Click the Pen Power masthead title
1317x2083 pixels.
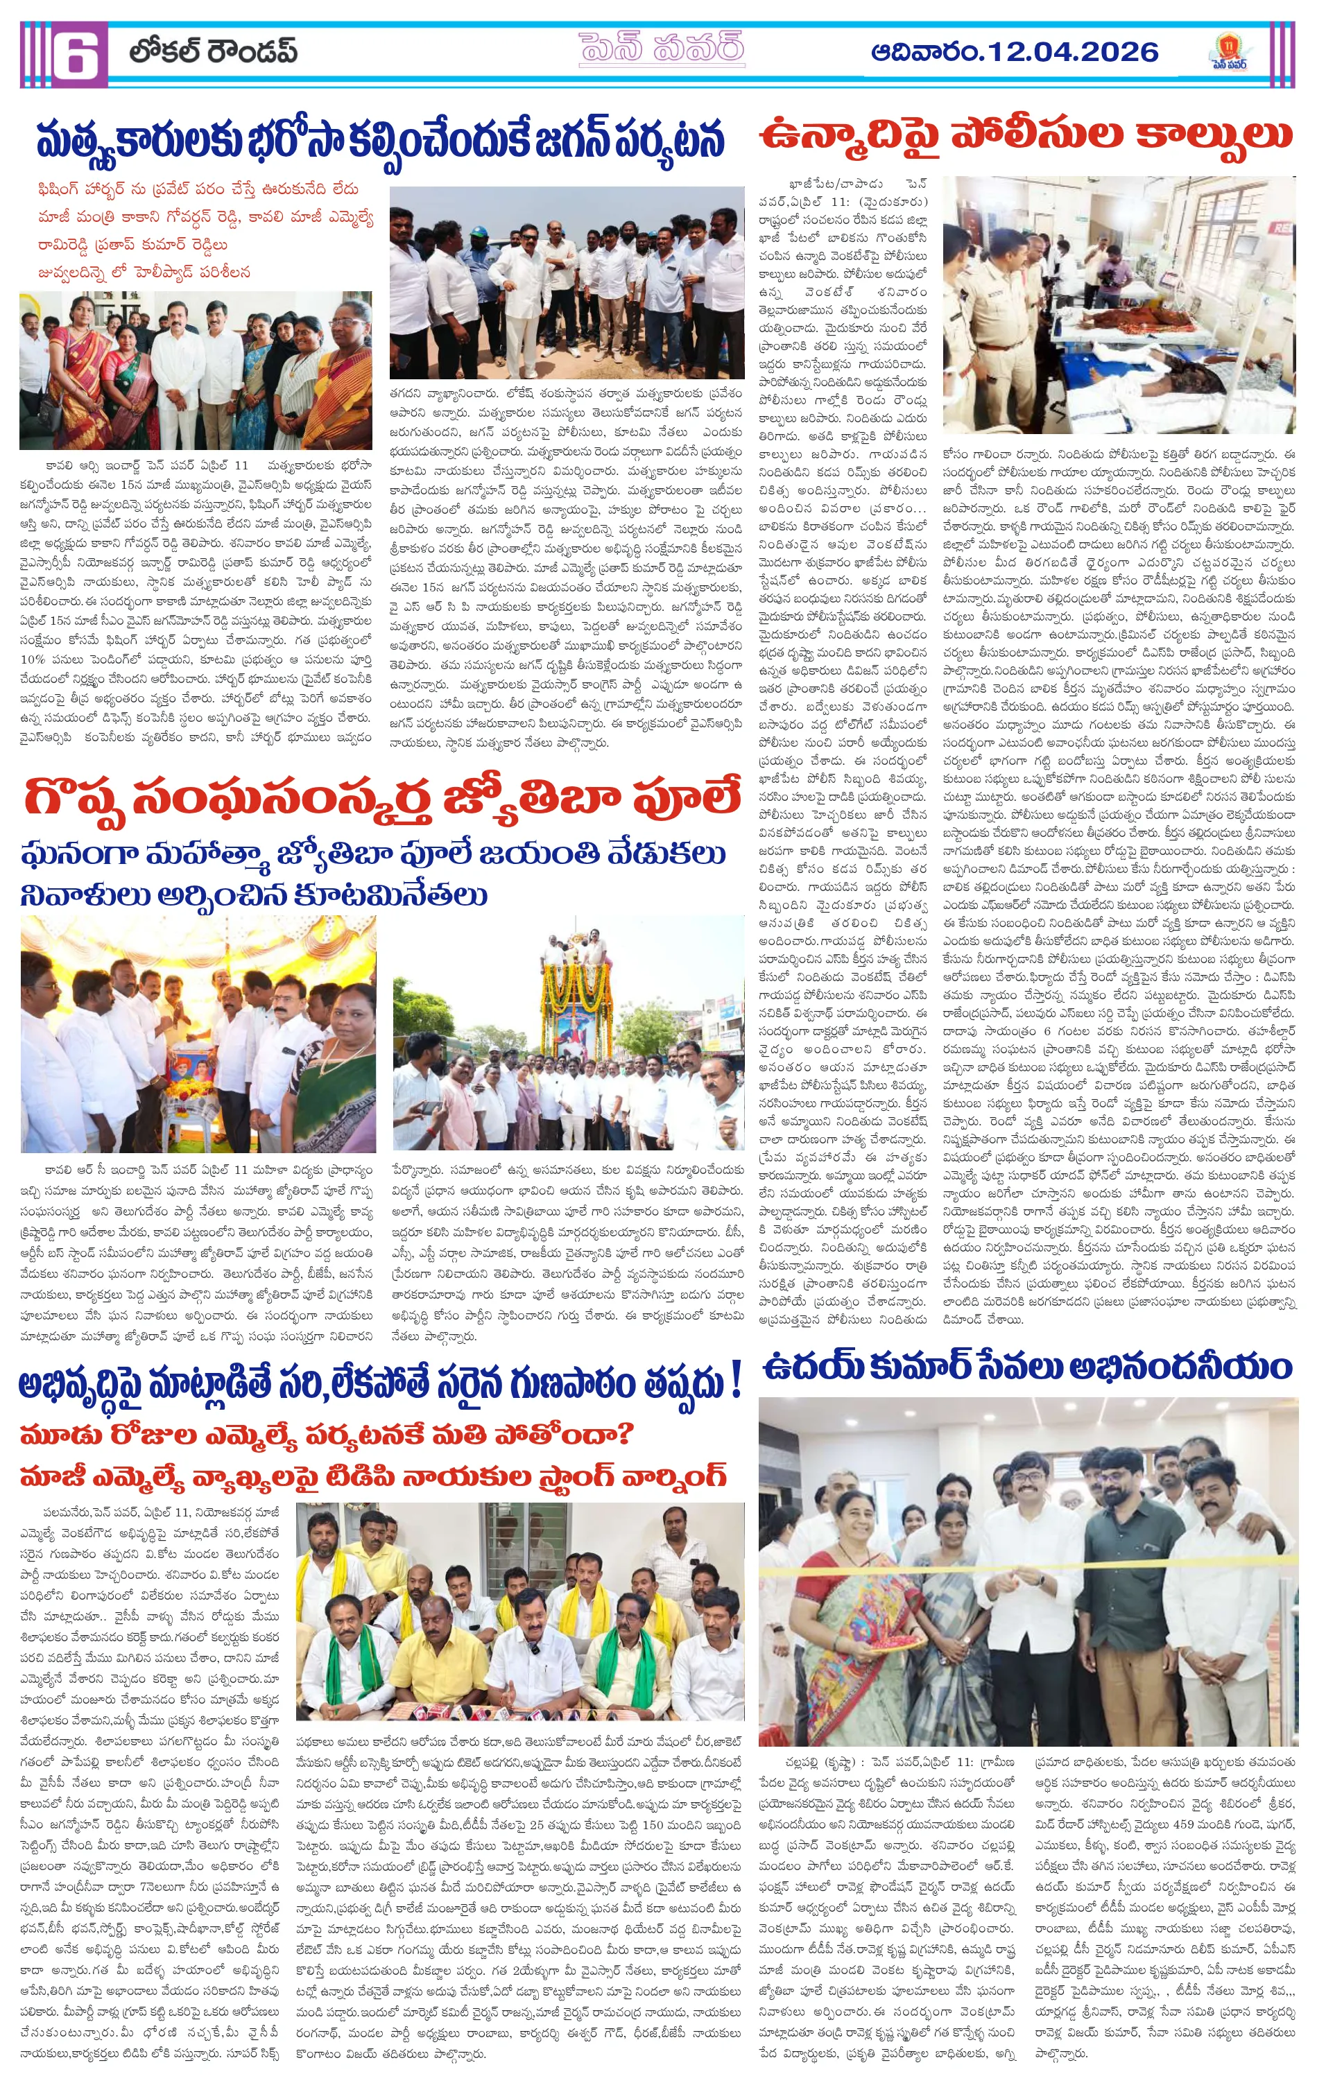662,49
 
